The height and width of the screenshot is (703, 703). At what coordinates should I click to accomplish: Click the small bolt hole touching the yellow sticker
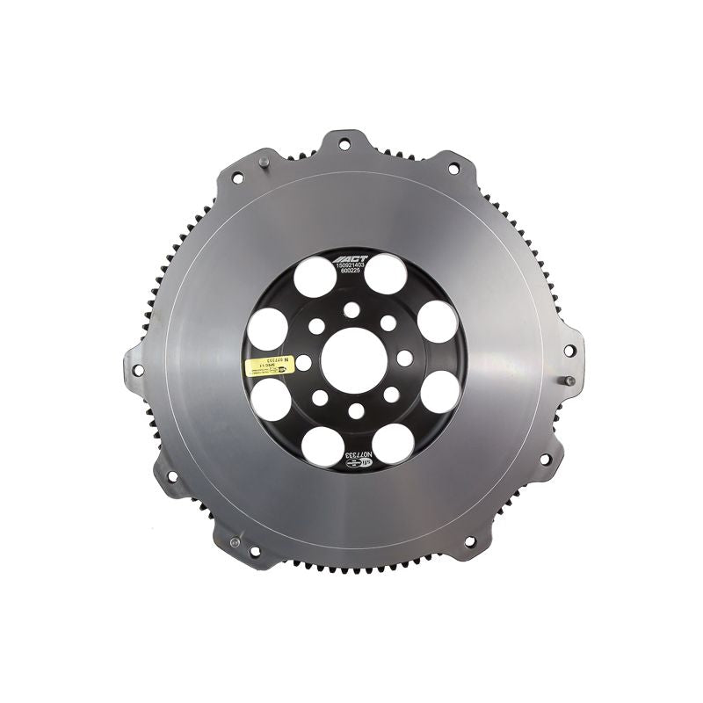coord(303,361)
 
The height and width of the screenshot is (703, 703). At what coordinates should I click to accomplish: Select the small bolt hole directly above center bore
coord(352,308)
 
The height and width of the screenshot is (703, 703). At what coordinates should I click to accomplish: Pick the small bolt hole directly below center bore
coord(355,410)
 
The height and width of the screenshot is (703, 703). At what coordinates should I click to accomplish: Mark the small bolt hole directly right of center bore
coord(404,358)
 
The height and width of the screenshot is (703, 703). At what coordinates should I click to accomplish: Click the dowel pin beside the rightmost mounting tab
coord(569,381)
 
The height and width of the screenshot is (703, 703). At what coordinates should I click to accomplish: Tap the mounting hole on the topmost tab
coord(343,144)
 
